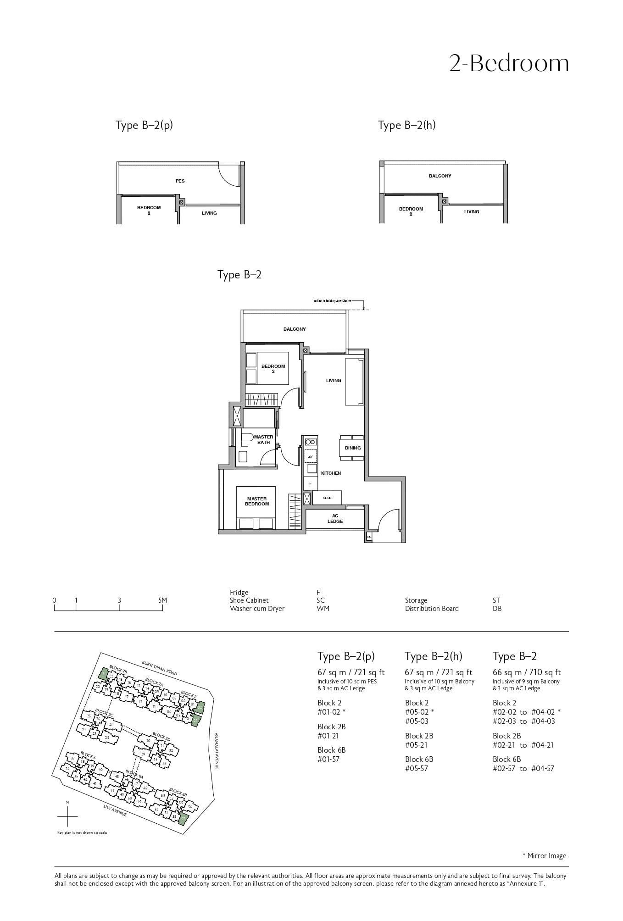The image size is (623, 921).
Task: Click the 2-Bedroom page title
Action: click(x=509, y=63)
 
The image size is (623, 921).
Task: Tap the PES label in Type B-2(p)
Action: click(x=180, y=181)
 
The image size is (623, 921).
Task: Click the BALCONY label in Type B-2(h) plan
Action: click(x=440, y=176)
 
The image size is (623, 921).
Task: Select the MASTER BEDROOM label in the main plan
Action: click(x=257, y=501)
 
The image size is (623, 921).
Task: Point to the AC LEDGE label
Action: click(x=335, y=519)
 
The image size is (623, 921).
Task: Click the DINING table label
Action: click(x=353, y=448)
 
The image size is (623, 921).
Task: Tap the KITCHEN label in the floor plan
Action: click(x=331, y=473)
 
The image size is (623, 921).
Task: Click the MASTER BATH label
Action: click(x=263, y=439)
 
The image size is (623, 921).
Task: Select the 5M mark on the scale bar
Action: click(x=162, y=600)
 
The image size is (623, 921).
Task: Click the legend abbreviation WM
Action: click(x=323, y=609)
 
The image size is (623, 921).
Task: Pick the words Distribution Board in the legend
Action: click(x=431, y=609)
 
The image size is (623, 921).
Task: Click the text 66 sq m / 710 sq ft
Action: click(x=527, y=672)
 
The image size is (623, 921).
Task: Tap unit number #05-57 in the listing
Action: click(x=417, y=768)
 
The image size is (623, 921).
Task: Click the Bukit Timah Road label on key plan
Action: click(x=159, y=668)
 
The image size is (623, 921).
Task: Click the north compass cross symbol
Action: click(x=67, y=817)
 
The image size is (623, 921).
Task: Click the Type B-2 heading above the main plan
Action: click(x=239, y=275)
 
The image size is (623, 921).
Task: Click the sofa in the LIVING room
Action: click(x=355, y=382)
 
